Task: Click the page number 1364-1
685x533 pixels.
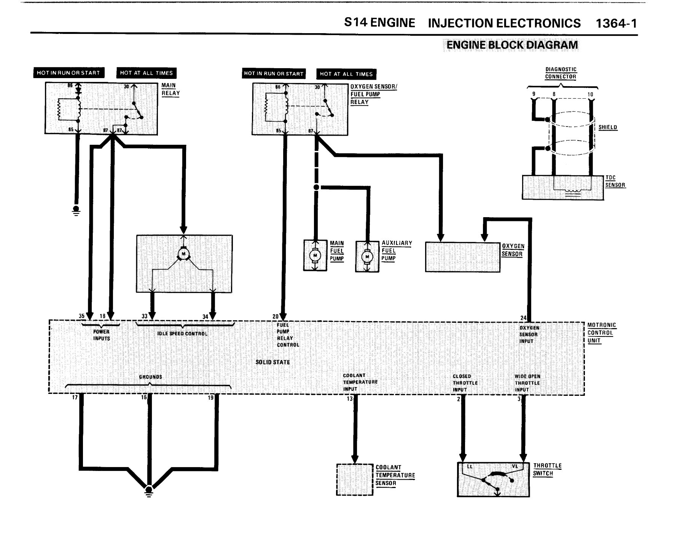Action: [x=616, y=24]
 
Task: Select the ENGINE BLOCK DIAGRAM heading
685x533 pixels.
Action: [x=512, y=45]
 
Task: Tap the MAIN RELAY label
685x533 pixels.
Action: [x=170, y=90]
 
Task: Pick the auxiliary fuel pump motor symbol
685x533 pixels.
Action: [x=367, y=256]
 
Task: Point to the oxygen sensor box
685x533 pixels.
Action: [x=462, y=257]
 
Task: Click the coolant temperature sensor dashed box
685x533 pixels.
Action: [x=355, y=479]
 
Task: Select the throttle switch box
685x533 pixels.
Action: [x=493, y=479]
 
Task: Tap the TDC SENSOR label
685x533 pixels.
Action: [x=615, y=182]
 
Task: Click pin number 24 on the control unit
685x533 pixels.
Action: [x=524, y=318]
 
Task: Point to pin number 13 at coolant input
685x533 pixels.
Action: [x=349, y=399]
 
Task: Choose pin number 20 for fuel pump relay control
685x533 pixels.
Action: [x=276, y=316]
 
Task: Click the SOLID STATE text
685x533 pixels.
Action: [x=272, y=362]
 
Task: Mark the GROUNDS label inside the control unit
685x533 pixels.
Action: [x=150, y=377]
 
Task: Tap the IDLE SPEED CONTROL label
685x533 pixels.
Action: [x=182, y=334]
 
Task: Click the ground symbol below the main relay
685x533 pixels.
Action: [x=76, y=210]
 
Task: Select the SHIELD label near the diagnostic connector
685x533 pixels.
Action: [x=608, y=127]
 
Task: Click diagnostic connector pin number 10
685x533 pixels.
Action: [x=590, y=94]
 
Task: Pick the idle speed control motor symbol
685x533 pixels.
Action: [x=183, y=254]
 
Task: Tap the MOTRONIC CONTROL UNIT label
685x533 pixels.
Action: [x=602, y=333]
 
